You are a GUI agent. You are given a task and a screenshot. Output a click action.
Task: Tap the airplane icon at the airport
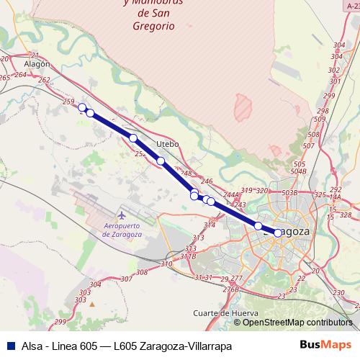click(122, 214)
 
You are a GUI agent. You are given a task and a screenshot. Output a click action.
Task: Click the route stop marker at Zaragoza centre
click(278, 233)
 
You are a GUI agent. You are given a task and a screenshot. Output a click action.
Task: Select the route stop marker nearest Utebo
click(161, 161)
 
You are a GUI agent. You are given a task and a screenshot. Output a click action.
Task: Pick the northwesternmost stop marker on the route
click(82, 107)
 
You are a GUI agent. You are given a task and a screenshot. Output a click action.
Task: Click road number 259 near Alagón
click(69, 103)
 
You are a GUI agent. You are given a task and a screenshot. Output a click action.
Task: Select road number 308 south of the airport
click(141, 272)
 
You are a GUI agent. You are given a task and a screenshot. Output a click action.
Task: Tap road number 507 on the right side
click(309, 146)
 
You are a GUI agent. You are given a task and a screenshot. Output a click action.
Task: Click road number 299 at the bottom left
click(60, 321)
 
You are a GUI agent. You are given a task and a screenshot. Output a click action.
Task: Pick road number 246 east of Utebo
click(207, 181)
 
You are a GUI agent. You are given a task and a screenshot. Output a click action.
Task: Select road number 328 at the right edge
click(346, 215)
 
